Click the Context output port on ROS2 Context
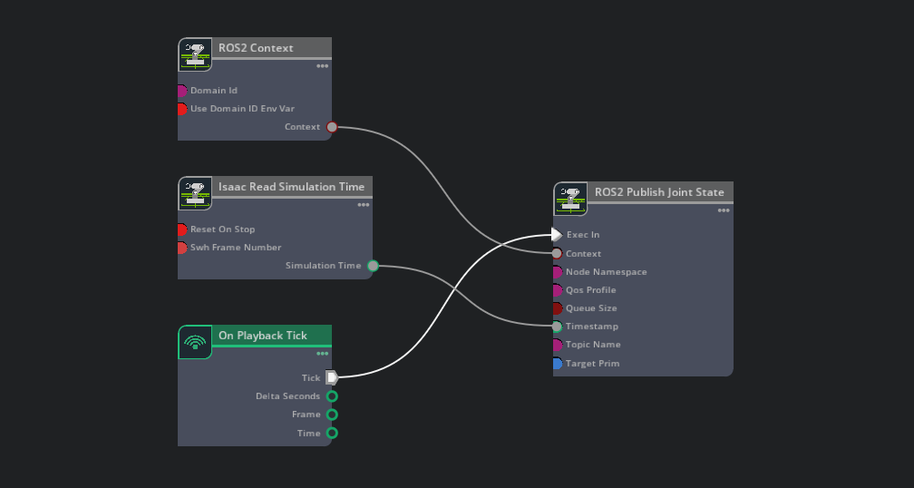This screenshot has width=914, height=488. click(x=332, y=127)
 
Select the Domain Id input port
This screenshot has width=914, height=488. click(x=181, y=91)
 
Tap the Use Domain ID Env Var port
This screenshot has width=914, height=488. click(x=181, y=109)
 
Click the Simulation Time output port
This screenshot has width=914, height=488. click(x=373, y=266)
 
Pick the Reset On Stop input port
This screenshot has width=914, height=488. click(x=181, y=229)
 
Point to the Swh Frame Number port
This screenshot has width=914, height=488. click(x=181, y=248)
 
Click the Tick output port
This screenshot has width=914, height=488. click(x=332, y=377)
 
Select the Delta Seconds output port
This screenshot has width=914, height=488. click(x=332, y=396)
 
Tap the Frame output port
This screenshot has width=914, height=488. click(x=332, y=415)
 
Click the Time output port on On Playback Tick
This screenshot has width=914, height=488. click(x=332, y=433)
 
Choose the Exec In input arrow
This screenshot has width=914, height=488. click(x=557, y=235)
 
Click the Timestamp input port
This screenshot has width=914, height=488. click(x=557, y=327)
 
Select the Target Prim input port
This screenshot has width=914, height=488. click(x=557, y=364)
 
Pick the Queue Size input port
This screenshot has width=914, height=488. click(x=557, y=308)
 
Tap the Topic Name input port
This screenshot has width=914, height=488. click(x=557, y=345)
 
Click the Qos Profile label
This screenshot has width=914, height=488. click(x=590, y=290)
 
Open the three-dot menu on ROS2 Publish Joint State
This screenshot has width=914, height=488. click(x=724, y=210)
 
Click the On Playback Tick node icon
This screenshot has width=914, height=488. click(x=195, y=342)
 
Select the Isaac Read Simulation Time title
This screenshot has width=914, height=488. click(x=291, y=187)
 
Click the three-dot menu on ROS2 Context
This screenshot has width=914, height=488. click(x=322, y=66)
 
